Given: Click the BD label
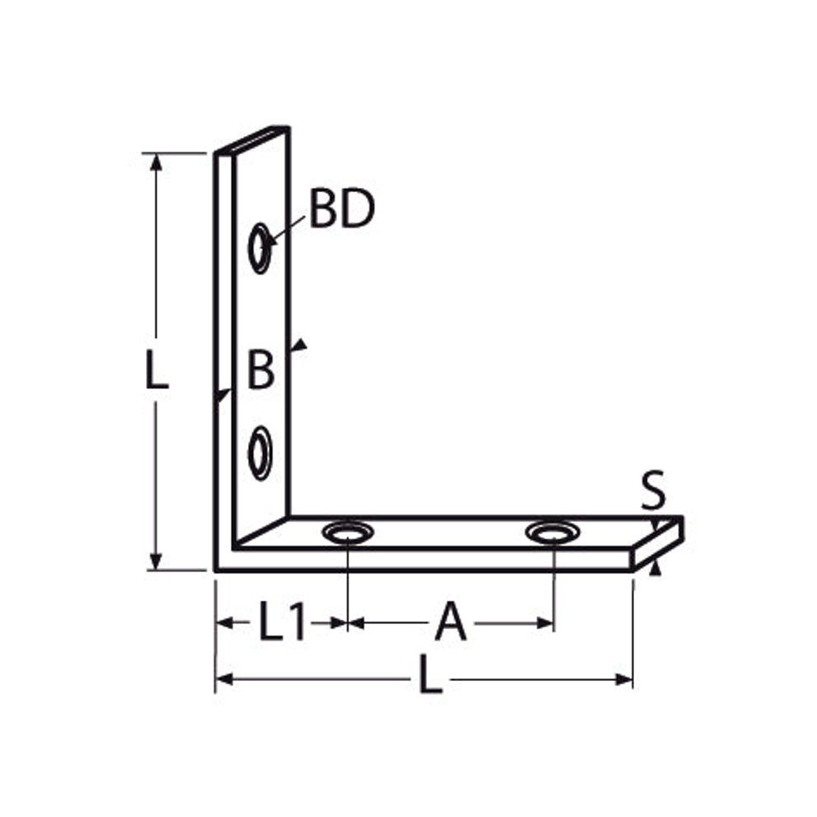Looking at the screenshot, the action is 342,209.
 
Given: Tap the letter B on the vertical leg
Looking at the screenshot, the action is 261,370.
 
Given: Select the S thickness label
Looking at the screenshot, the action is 654,490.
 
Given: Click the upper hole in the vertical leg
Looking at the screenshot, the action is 260,248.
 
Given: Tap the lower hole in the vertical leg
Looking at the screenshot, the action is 260,453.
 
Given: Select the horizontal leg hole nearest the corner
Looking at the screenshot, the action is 348,533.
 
